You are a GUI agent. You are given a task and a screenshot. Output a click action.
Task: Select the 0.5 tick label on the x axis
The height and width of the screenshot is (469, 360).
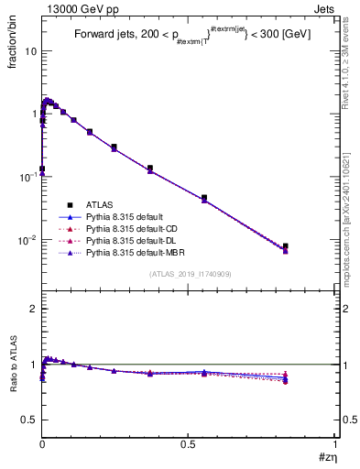tap(188, 442)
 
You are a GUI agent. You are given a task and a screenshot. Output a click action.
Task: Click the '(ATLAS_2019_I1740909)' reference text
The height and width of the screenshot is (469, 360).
tap(189, 274)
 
